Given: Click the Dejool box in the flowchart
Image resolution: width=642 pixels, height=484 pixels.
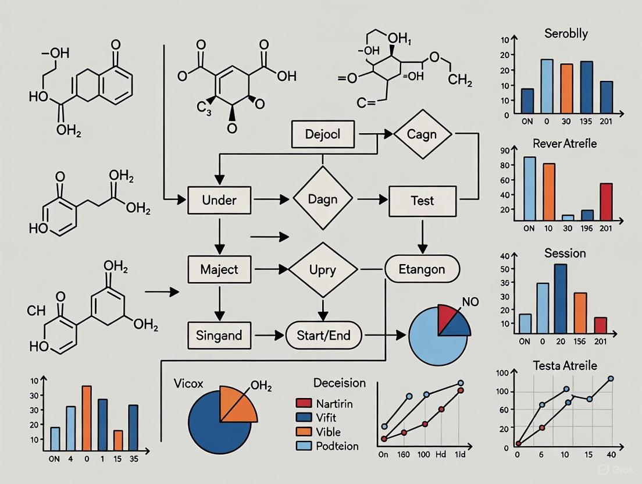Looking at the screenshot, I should tap(323, 135).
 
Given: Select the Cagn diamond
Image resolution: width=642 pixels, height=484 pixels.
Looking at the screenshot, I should tap(423, 134).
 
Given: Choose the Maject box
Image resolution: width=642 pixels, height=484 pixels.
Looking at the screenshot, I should tap(219, 269).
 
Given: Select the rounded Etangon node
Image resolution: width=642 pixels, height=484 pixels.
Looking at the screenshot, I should tap(422, 269).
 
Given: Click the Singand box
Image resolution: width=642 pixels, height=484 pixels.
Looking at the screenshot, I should tap(220, 335).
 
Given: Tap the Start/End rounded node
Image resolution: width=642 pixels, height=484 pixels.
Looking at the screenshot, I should tap(324, 335).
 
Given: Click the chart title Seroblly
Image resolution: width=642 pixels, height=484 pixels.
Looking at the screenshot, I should tap(566, 33).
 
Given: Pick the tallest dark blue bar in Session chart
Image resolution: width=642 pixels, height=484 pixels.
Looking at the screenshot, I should tap(561, 298).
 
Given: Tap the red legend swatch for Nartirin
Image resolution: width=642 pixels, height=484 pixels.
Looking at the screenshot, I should tap(304, 403).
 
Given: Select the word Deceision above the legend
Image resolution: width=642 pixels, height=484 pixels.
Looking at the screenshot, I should tap(340, 383).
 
